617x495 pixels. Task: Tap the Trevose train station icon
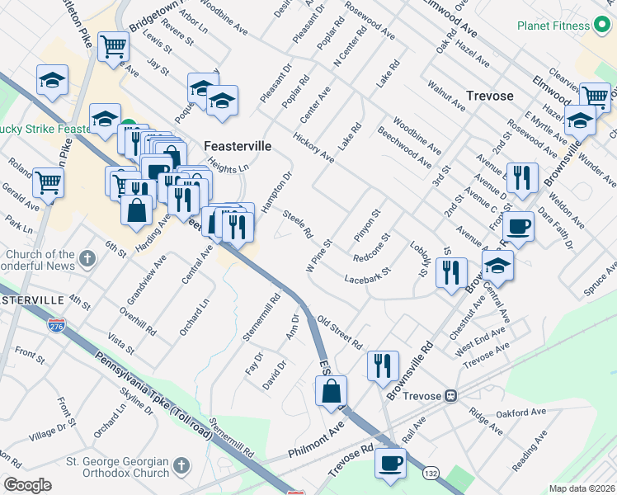click(451, 395)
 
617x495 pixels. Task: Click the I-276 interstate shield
click(56, 328)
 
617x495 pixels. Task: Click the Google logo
click(27, 485)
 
